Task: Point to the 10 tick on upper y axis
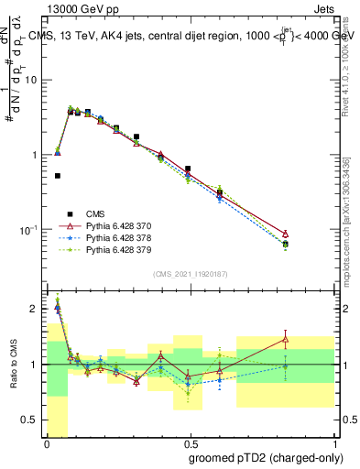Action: click(34, 80)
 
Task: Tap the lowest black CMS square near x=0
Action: click(58, 176)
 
